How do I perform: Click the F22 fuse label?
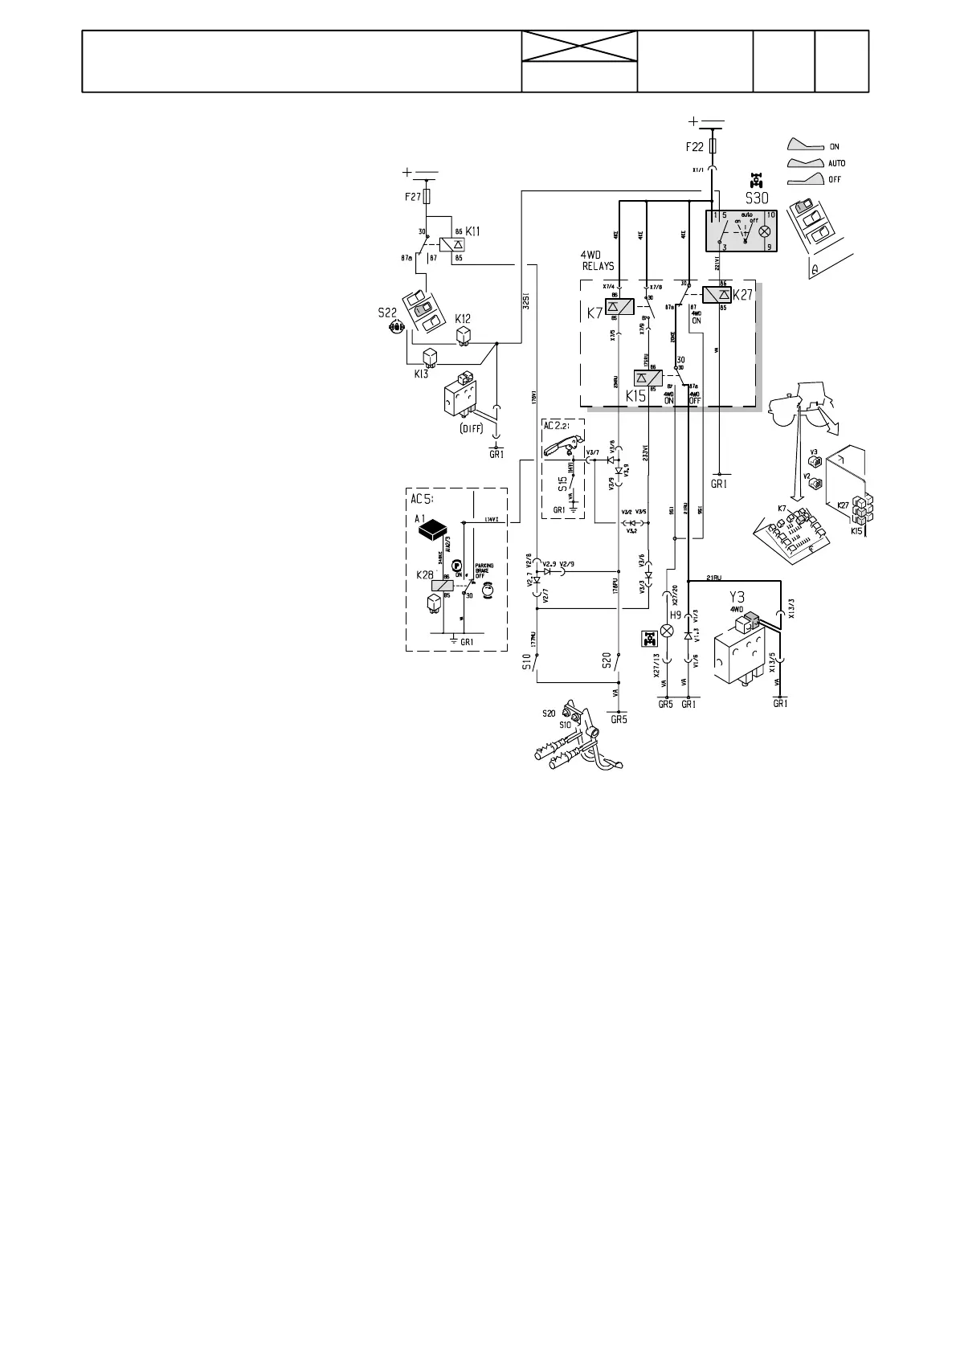(695, 147)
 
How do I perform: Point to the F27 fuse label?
(411, 195)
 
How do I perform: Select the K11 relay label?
(472, 231)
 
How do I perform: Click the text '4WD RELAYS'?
(598, 260)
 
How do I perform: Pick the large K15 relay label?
(635, 396)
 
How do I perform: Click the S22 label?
(387, 313)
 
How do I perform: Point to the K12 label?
(463, 318)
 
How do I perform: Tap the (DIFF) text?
(472, 428)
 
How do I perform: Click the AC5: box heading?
(423, 498)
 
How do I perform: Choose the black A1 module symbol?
(435, 528)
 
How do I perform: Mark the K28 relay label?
(424, 574)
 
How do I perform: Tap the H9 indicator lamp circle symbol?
(666, 631)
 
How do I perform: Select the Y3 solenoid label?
(736, 598)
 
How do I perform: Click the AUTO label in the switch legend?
(835, 163)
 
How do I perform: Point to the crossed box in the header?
(579, 47)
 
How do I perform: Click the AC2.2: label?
(558, 425)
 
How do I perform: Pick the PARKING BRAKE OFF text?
(484, 570)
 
